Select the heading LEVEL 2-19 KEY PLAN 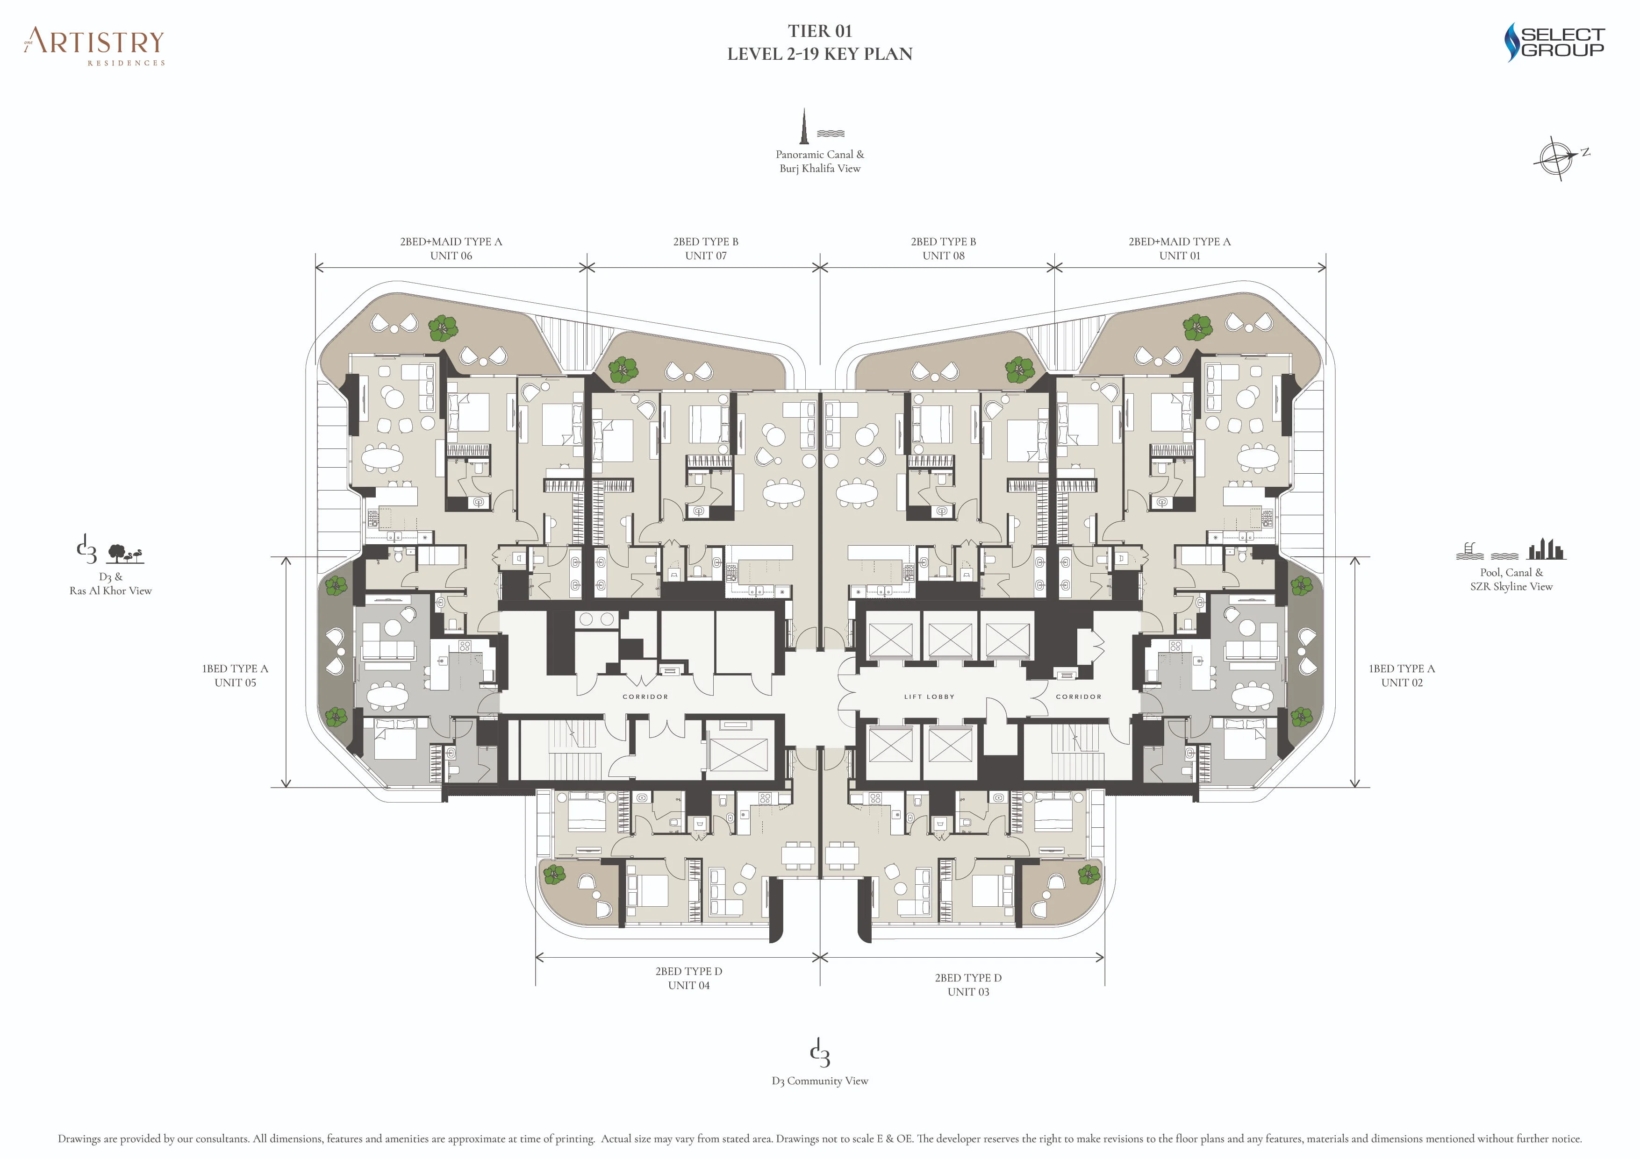819,54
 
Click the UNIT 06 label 451,256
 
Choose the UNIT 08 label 943,256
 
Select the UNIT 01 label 1179,256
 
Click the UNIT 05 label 235,683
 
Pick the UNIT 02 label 1402,683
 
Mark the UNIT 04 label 688,986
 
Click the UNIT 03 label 968,992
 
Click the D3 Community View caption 819,1081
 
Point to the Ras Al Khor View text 111,590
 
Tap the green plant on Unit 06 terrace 443,328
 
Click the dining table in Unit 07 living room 784,491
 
